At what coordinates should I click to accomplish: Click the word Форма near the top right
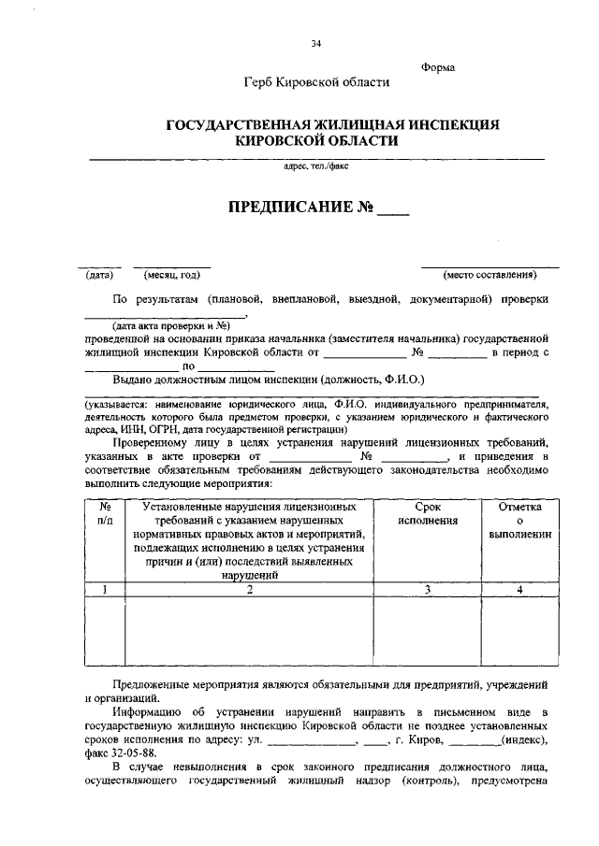(x=438, y=67)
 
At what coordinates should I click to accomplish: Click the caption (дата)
(x=99, y=275)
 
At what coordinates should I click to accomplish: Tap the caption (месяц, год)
(x=171, y=275)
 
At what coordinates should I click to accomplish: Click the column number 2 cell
(x=250, y=589)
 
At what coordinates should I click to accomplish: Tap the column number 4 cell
(x=519, y=589)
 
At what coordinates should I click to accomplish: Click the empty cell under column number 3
(x=427, y=631)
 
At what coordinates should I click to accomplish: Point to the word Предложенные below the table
(x=154, y=684)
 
